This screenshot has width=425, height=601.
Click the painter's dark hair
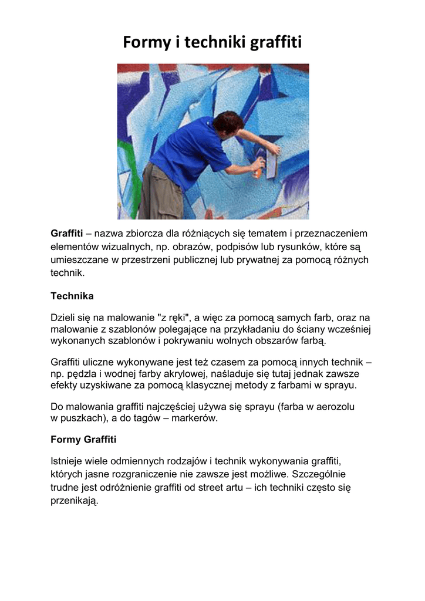click(227, 122)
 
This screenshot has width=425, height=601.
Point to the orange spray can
click(257, 168)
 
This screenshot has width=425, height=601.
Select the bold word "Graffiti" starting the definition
click(67, 234)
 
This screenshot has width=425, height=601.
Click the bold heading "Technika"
click(72, 296)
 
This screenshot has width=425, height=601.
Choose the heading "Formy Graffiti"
click(83, 439)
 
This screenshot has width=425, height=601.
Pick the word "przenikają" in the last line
click(74, 501)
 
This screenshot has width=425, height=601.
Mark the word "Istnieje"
click(68, 461)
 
